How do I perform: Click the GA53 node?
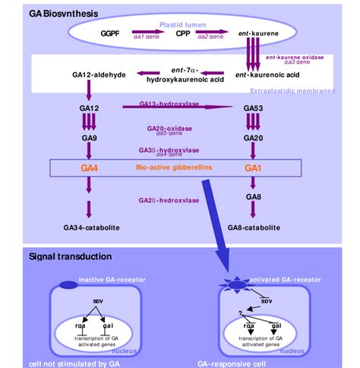pyautogui.click(x=253, y=108)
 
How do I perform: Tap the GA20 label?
pyautogui.click(x=253, y=139)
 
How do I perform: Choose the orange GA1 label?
pyautogui.click(x=253, y=165)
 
